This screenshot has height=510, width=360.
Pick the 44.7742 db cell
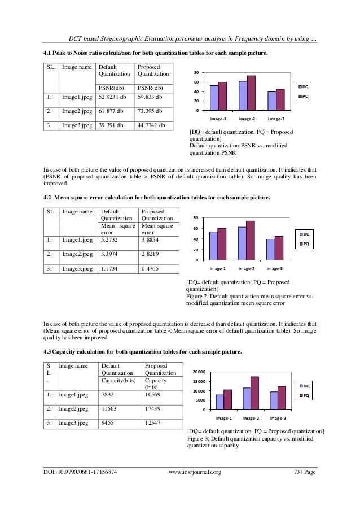151,125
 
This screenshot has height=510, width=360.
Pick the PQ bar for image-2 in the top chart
251,93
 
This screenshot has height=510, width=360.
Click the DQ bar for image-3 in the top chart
272,101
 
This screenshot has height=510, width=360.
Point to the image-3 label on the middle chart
275,268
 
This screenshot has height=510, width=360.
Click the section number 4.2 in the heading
48,198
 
